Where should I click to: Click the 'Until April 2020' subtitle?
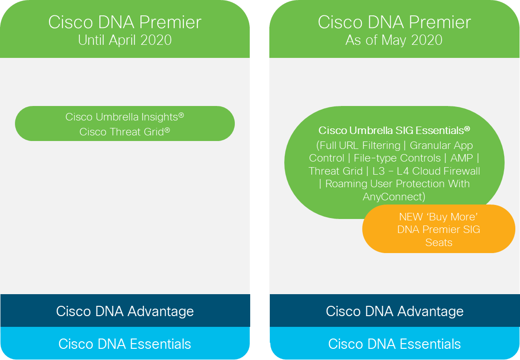(125, 40)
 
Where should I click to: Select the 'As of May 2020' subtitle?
(394, 40)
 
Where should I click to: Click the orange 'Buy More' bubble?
(439, 229)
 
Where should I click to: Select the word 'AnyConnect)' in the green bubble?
(394, 197)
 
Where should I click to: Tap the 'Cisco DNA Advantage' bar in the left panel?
(125, 311)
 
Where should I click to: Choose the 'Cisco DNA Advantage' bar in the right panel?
(394, 311)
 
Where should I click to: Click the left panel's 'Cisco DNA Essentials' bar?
(125, 343)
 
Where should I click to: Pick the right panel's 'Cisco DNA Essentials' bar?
(394, 343)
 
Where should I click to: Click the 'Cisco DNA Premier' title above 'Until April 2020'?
(125, 22)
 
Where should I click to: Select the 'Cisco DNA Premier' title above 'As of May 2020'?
(394, 22)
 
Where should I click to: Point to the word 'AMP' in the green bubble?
(462, 158)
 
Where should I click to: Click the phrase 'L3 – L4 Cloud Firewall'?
(426, 171)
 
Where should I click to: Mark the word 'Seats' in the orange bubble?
(439, 242)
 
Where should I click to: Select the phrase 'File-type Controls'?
(397, 158)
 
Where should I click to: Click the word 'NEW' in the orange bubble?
(411, 217)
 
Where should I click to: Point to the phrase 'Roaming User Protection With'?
(397, 184)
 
